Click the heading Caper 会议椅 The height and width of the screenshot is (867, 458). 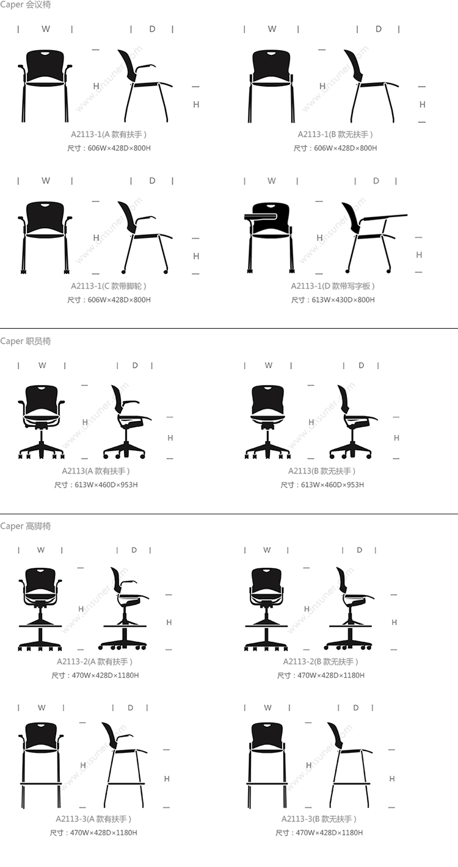(x=25, y=5)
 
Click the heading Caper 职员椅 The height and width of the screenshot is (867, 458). (x=25, y=341)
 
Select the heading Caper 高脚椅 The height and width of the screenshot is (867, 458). (x=25, y=526)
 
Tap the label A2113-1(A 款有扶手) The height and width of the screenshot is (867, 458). (x=109, y=134)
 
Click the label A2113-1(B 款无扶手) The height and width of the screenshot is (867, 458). (x=335, y=134)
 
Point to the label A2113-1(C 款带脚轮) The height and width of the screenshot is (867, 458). (x=109, y=286)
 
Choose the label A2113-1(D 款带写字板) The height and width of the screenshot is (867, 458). (x=333, y=286)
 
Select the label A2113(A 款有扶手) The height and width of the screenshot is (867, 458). (x=96, y=471)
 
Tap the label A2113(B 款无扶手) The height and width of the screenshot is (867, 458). (x=322, y=471)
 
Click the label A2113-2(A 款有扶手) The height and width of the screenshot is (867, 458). (x=95, y=661)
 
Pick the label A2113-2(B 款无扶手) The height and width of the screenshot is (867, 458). (x=321, y=661)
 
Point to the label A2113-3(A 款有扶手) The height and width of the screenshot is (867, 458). (x=93, y=819)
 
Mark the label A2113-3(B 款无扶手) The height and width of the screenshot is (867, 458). (x=319, y=819)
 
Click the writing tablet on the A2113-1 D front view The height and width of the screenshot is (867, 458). (x=260, y=215)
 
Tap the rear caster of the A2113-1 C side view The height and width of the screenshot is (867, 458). (x=124, y=270)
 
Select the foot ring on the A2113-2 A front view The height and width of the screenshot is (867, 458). (x=40, y=626)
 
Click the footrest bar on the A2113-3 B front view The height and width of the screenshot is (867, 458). (x=267, y=784)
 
